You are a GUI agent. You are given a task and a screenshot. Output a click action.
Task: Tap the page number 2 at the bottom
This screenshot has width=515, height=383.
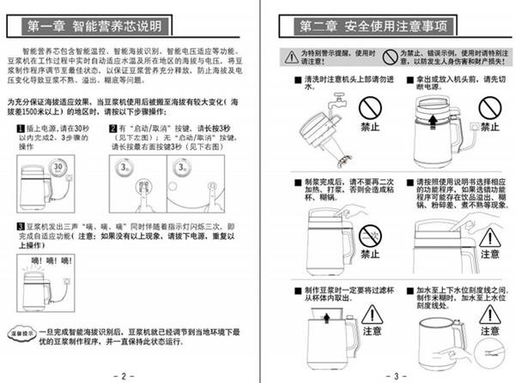coord(123,374)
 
